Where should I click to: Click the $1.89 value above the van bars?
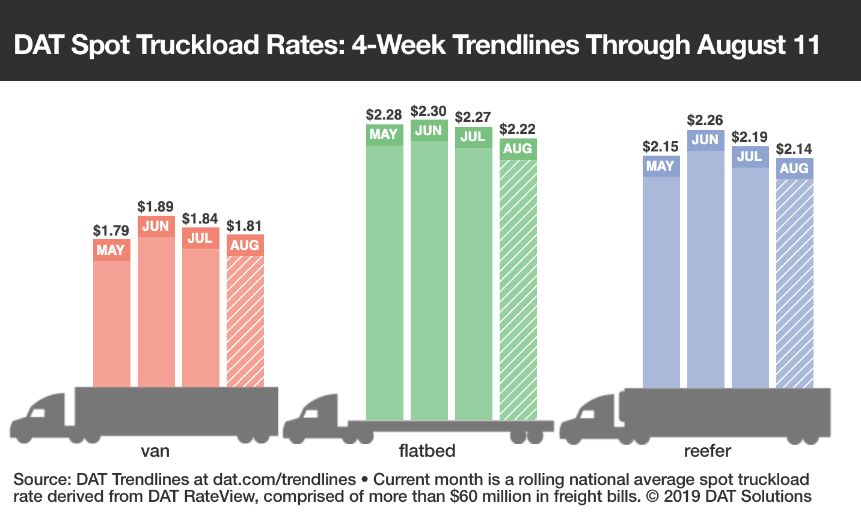click(156, 207)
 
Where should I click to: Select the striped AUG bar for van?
click(245, 321)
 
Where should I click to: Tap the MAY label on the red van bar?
click(111, 250)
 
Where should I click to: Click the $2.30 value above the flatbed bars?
click(429, 111)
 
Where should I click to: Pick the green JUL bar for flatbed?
click(473, 282)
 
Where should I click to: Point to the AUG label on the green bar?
click(518, 148)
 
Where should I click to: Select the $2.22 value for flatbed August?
click(518, 129)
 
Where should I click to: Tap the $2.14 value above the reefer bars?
click(794, 149)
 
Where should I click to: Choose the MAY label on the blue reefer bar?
click(661, 166)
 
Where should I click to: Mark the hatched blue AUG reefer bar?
click(794, 282)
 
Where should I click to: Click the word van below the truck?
click(155, 451)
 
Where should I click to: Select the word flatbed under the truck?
click(427, 451)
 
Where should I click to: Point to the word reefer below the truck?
click(708, 451)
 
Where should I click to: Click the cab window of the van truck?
click(38, 413)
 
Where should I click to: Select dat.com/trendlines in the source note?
click(284, 480)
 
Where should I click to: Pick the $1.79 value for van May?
click(111, 231)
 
